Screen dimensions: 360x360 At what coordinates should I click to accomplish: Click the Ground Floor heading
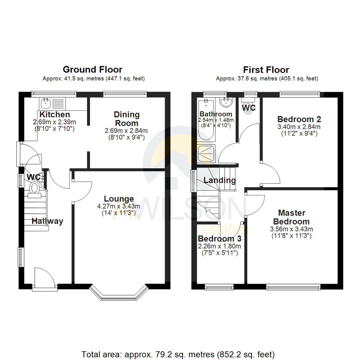[x=92, y=69]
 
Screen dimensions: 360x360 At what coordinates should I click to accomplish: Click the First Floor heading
[x=266, y=70]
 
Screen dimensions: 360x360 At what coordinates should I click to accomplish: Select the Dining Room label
[x=126, y=119]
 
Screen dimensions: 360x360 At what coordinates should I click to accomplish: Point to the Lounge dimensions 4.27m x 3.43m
[x=118, y=206]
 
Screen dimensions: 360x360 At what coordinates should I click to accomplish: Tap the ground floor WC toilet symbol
[x=34, y=188]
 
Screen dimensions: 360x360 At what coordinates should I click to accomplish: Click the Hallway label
[x=47, y=221]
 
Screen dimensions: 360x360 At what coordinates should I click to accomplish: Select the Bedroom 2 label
[x=299, y=119]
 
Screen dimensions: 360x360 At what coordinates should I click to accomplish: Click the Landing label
[x=219, y=180]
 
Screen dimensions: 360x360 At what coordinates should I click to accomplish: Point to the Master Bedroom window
[x=293, y=287]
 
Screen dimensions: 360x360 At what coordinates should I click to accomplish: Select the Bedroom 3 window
[x=219, y=287]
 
